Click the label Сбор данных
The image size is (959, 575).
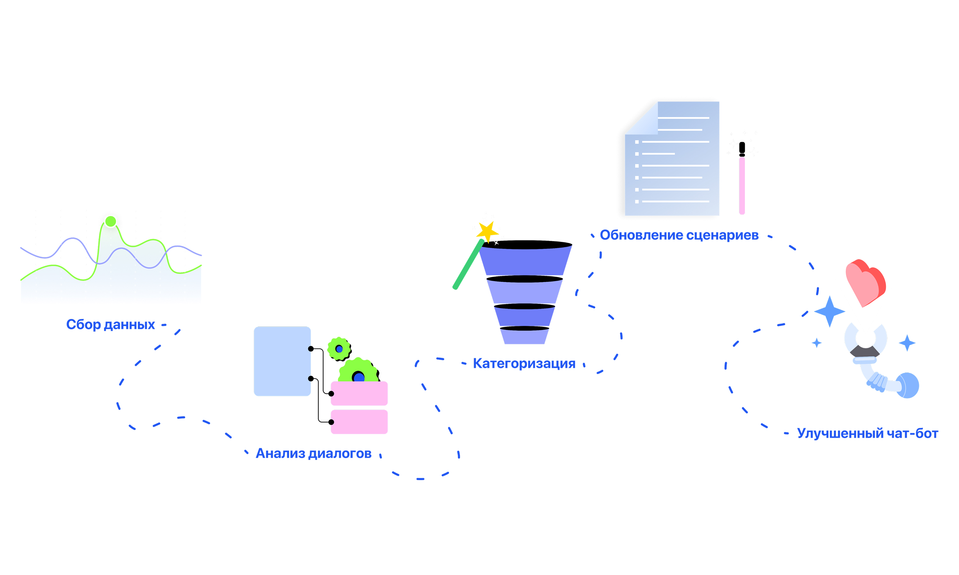click(x=111, y=324)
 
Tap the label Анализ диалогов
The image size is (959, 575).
click(x=314, y=453)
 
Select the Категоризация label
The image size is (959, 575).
click(x=524, y=364)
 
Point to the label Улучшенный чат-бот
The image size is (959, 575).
click(x=868, y=433)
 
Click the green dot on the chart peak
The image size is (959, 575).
click(x=111, y=221)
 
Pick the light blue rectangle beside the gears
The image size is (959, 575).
click(x=282, y=361)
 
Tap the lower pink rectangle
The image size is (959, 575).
click(x=359, y=422)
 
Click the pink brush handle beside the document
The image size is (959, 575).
click(x=742, y=186)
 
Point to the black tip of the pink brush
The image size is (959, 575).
click(x=742, y=148)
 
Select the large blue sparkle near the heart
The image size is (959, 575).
click(x=830, y=311)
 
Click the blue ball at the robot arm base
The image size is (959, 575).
click(x=908, y=385)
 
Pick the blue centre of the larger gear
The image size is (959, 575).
click(x=359, y=377)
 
